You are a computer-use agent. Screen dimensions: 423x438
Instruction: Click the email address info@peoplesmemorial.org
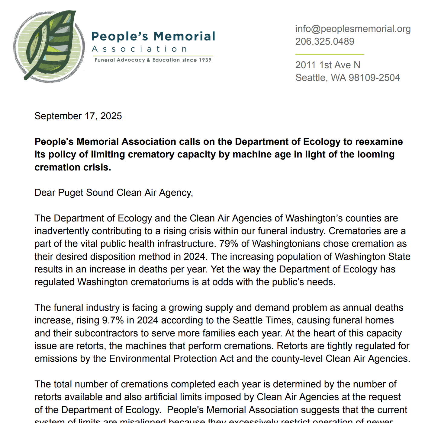pyautogui.click(x=353, y=29)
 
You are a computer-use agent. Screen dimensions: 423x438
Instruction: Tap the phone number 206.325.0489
pyautogui.click(x=325, y=41)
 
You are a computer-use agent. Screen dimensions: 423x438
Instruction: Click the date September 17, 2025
pyautogui.click(x=78, y=116)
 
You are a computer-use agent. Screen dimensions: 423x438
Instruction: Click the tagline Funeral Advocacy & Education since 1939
pyautogui.click(x=153, y=60)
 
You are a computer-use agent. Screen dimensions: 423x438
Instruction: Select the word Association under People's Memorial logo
pyautogui.click(x=140, y=49)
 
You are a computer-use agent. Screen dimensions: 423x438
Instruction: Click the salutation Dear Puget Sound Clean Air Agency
pyautogui.click(x=114, y=193)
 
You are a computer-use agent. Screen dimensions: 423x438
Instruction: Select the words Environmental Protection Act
pyautogui.click(x=171, y=359)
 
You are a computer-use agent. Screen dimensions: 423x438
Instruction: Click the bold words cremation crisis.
pyautogui.click(x=72, y=167)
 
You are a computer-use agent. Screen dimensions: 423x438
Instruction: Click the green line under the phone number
pyautogui.click(x=330, y=55)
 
